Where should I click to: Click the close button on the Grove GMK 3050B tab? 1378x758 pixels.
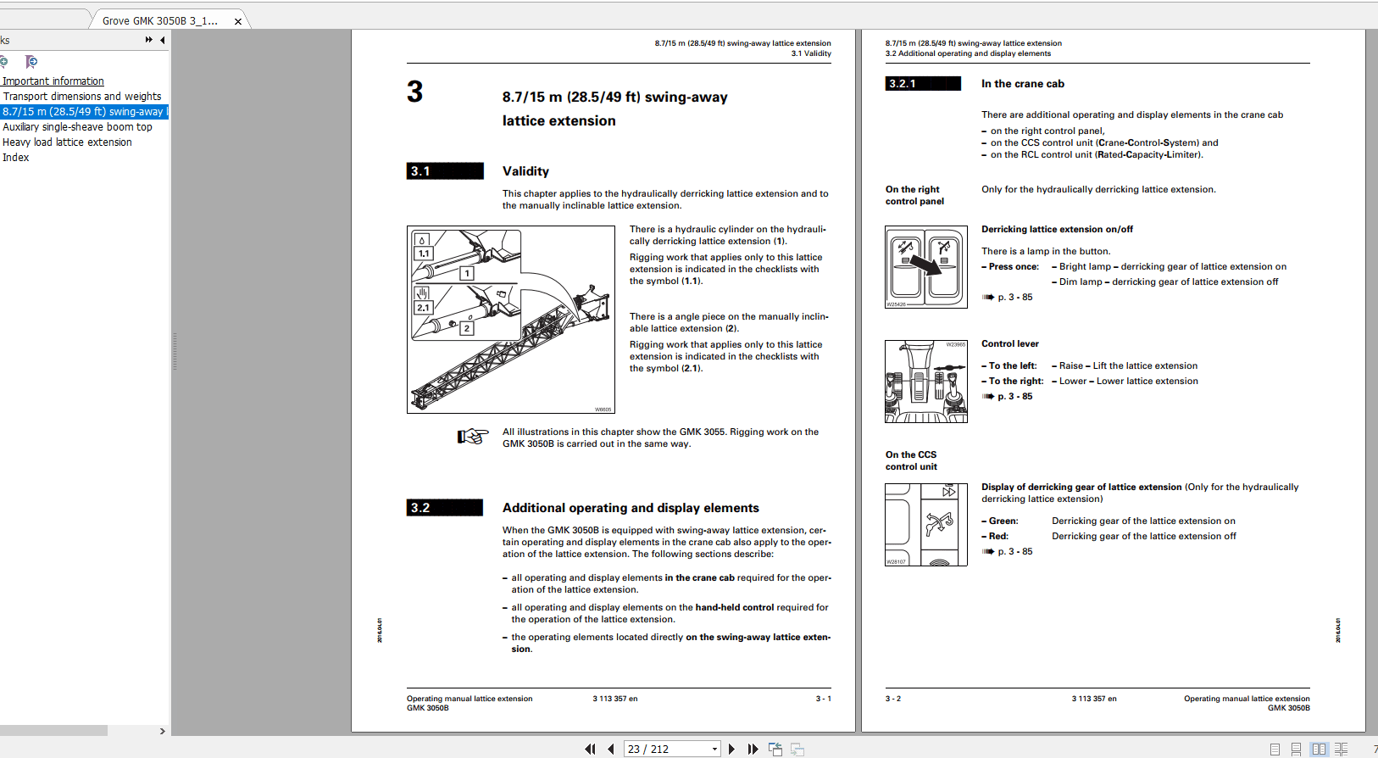click(x=238, y=21)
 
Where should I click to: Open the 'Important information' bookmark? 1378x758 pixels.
click(x=53, y=81)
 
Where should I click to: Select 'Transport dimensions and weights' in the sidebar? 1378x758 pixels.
click(x=82, y=97)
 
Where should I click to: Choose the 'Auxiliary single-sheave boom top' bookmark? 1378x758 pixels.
click(x=77, y=127)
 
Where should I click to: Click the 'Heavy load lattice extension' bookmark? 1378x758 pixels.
click(x=67, y=142)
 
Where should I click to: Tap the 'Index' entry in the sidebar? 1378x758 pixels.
click(x=15, y=158)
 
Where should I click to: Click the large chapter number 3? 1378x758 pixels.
click(x=414, y=92)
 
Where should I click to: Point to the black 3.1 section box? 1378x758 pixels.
click(x=445, y=171)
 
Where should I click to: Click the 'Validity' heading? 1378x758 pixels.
click(x=525, y=171)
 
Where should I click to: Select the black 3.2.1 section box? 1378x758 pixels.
click(x=923, y=84)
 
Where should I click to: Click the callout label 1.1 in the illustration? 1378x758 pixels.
click(x=424, y=254)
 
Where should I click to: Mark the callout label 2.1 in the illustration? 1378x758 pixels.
click(x=423, y=308)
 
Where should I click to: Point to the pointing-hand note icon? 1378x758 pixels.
click(x=473, y=437)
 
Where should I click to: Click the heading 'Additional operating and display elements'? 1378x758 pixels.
click(x=631, y=508)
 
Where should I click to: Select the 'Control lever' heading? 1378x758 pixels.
click(x=1009, y=344)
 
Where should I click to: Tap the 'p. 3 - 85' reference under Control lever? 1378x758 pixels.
click(x=1014, y=397)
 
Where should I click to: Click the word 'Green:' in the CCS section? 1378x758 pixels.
click(x=1003, y=521)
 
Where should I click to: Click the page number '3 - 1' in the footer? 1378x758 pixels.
click(x=823, y=699)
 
